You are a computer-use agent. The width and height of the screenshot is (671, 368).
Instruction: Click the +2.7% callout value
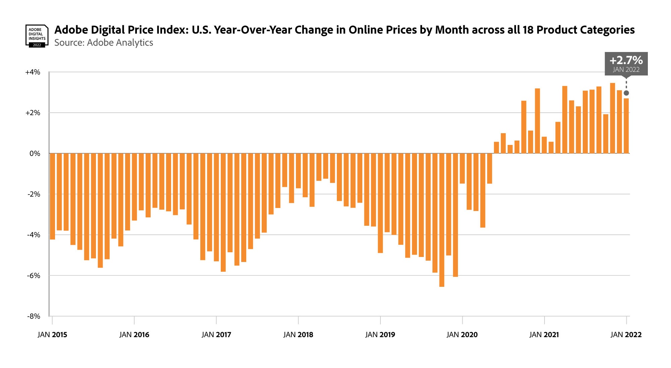(x=626, y=60)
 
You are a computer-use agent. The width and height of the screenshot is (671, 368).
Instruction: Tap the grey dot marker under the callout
(x=626, y=93)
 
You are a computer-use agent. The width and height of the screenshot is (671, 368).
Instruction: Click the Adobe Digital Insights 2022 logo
(x=37, y=36)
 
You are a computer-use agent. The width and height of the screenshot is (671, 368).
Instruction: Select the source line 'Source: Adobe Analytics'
(x=104, y=43)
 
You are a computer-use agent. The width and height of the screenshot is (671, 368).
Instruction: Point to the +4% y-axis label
(x=33, y=72)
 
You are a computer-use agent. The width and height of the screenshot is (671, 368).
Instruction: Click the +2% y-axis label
(x=33, y=113)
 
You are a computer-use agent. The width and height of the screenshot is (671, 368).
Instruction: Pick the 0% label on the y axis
(x=35, y=154)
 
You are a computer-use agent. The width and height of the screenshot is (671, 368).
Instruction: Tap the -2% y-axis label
(x=33, y=194)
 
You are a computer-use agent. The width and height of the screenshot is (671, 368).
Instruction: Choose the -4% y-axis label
(x=33, y=235)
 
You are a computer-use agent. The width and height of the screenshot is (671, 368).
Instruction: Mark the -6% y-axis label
(x=33, y=275)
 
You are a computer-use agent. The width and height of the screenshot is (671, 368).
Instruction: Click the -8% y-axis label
(x=33, y=316)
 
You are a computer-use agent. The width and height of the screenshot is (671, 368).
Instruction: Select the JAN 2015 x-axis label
(x=52, y=334)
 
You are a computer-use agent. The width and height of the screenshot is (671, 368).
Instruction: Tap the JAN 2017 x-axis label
(x=216, y=334)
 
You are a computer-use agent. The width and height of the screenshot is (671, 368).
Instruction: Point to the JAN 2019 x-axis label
(x=380, y=334)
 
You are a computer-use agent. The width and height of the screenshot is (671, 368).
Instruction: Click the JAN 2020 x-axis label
(x=462, y=334)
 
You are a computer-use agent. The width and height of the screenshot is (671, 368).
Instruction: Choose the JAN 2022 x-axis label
(x=626, y=334)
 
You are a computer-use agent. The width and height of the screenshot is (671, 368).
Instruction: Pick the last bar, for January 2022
(x=626, y=126)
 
